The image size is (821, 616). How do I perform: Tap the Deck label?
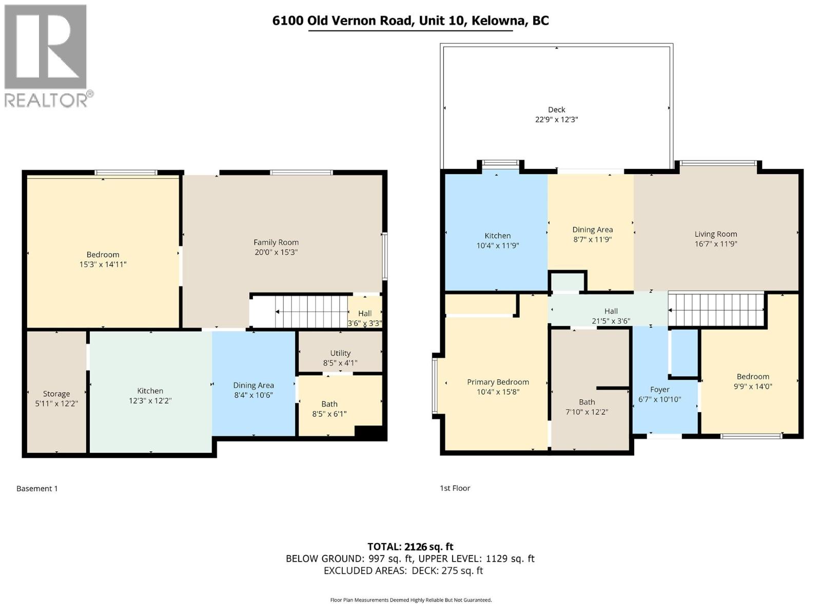(x=556, y=109)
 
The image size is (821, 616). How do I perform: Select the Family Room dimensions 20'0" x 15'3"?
(x=276, y=252)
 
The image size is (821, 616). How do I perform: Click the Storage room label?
(x=56, y=394)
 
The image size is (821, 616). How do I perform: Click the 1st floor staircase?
(x=716, y=310)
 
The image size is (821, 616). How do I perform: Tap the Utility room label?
(x=340, y=353)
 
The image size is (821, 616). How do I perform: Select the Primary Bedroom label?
(x=498, y=382)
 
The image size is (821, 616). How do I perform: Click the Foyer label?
(x=659, y=390)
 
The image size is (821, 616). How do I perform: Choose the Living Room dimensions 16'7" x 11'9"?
(x=716, y=244)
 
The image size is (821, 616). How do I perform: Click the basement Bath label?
(x=329, y=404)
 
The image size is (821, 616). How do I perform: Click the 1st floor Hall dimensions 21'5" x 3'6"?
(x=611, y=321)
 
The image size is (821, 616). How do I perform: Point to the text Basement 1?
(x=37, y=488)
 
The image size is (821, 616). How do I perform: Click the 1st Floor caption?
(x=455, y=488)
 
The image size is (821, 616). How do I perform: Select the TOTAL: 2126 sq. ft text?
(x=410, y=547)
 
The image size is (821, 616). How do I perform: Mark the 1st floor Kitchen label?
(x=497, y=236)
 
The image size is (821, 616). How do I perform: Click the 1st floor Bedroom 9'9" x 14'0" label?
(x=753, y=376)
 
